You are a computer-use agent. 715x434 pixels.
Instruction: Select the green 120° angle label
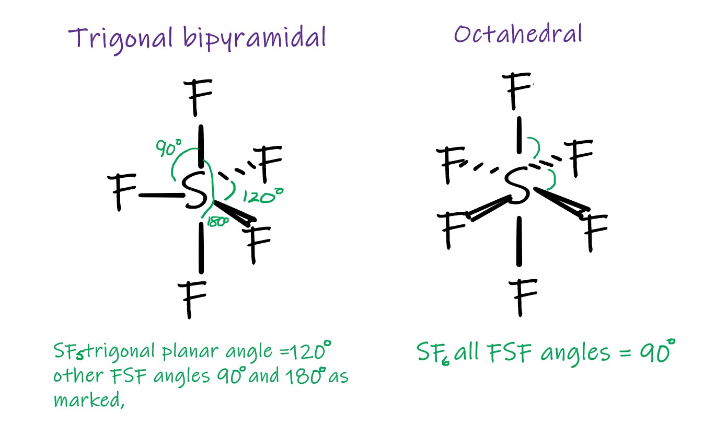coord(263,197)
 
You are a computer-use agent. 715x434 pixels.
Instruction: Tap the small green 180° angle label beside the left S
coord(218,222)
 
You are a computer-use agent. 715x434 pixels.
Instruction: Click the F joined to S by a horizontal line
coord(124,192)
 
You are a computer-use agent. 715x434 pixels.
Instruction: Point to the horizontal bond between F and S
coord(159,195)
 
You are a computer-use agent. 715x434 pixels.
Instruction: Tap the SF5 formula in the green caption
coord(68,352)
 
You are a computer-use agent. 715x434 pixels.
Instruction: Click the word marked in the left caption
coord(87,400)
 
